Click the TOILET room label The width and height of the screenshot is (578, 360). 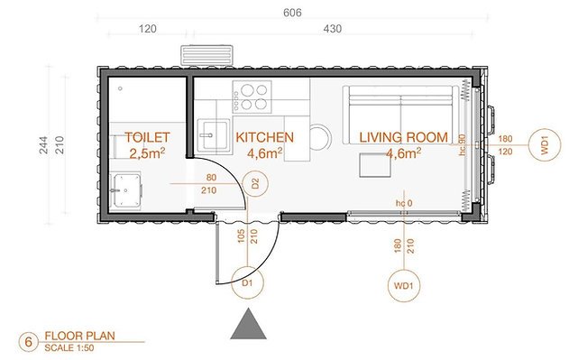[x=147, y=137]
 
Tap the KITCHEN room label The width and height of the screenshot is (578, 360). [x=265, y=137]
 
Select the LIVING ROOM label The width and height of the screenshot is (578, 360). [x=404, y=137]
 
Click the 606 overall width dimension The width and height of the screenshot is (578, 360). [x=292, y=13]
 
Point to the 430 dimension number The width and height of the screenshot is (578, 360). [x=333, y=28]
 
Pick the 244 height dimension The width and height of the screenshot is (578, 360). [x=43, y=145]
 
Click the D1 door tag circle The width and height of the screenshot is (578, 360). [x=247, y=282]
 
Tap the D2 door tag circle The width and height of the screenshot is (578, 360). [x=255, y=183]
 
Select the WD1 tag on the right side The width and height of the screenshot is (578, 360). [x=545, y=144]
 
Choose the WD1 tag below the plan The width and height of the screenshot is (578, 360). [x=404, y=286]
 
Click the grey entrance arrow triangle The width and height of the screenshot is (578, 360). [x=249, y=324]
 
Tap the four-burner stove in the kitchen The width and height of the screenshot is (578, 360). [x=252, y=97]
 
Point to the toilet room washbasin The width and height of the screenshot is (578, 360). [x=126, y=190]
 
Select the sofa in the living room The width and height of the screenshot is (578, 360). [x=400, y=115]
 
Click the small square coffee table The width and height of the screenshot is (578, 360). [x=375, y=165]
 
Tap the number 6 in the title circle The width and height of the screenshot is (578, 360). [x=28, y=342]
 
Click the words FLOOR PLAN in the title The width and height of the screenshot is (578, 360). [x=79, y=336]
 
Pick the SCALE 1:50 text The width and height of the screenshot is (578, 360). [x=69, y=348]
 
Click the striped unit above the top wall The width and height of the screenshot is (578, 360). [x=206, y=55]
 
